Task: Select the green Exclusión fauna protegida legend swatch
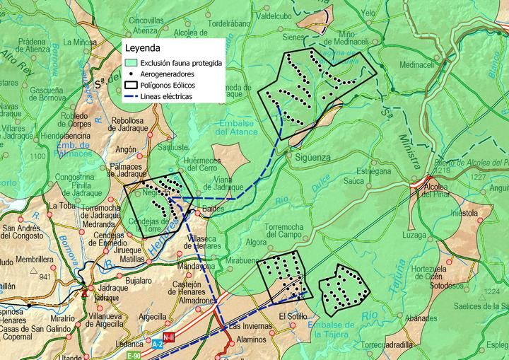pyautogui.click(x=131, y=63)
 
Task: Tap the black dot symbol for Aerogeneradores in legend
pyautogui.click(x=131, y=74)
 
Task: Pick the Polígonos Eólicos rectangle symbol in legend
pyautogui.click(x=131, y=86)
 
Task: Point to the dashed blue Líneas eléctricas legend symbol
pyautogui.click(x=131, y=97)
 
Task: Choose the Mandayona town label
pyautogui.click(x=196, y=267)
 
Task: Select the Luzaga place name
pyautogui.click(x=414, y=234)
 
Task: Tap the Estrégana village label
pyautogui.click(x=373, y=171)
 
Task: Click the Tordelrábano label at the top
pyautogui.click(x=230, y=23)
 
